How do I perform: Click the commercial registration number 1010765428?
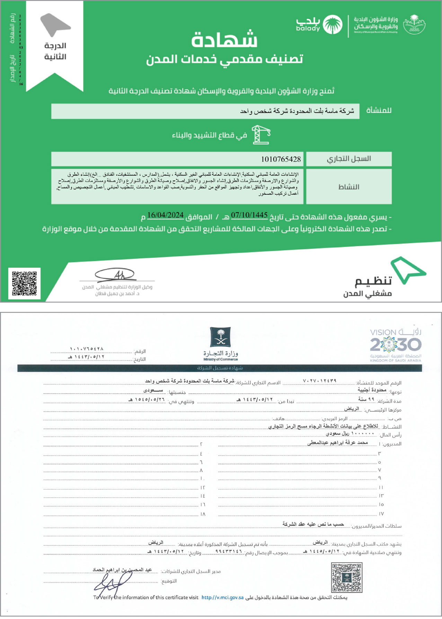pos(281,159)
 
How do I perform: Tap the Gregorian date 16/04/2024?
pos(165,215)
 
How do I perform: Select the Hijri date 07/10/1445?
pos(249,215)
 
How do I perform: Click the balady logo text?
pos(308,25)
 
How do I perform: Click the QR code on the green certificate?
pos(24,283)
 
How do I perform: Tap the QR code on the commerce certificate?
pos(346,577)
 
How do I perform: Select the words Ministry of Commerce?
pos(221,359)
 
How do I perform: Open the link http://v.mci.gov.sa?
pos(222,597)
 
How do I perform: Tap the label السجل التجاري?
pos(349,159)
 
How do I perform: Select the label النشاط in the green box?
pos(349,187)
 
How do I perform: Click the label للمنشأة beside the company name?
pos(379,111)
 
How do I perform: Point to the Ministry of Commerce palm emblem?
pos(220,337)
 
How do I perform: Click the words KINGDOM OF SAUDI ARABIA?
pos(396,360)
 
